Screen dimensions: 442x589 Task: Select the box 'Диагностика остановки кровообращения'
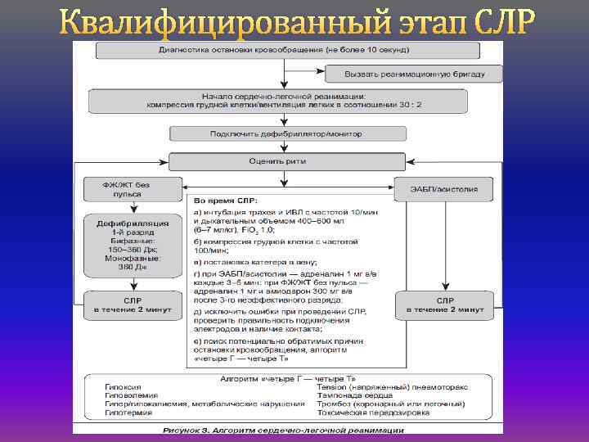(281, 51)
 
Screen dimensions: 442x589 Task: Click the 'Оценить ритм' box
(286, 161)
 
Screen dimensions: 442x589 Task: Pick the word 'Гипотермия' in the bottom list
(125, 413)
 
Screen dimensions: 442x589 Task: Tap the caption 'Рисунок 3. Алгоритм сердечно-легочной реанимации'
(282, 429)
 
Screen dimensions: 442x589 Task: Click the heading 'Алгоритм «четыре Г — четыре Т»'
(284, 378)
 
